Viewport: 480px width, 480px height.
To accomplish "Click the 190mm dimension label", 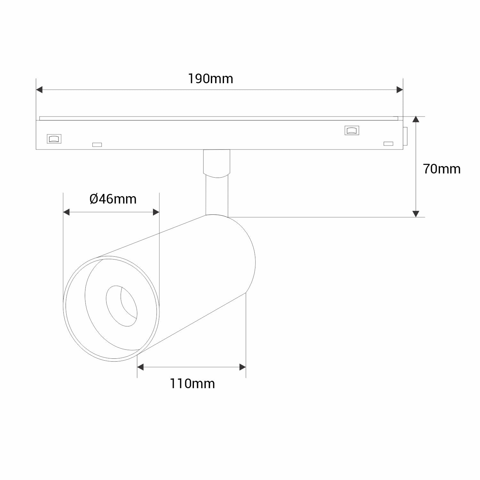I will (210, 79).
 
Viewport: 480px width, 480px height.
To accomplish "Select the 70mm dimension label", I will (442, 169).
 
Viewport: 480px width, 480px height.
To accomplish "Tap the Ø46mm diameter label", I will (113, 199).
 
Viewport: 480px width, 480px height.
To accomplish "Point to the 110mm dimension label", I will (192, 383).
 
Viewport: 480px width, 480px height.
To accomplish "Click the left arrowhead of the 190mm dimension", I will (39, 90).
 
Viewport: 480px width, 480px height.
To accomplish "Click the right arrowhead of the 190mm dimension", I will (399, 90).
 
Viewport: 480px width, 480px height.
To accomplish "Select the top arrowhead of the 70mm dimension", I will (416, 120).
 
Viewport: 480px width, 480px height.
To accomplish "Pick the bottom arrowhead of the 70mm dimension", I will (416, 214).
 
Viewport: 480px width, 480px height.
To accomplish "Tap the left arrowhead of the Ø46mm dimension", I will (67, 212).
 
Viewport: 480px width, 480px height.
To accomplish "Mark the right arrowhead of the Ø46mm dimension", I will (156, 212).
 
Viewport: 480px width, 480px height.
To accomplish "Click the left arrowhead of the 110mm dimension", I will (140, 367).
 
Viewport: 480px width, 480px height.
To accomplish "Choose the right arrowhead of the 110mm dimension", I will (243, 367).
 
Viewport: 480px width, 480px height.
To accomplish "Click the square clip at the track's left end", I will (54, 139).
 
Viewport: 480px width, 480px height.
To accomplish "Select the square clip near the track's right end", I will (352, 130).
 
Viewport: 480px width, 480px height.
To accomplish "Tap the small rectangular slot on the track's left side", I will (97, 145).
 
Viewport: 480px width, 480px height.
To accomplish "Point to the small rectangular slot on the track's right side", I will (388, 143).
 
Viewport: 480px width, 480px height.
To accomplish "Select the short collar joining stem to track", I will (216, 163).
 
